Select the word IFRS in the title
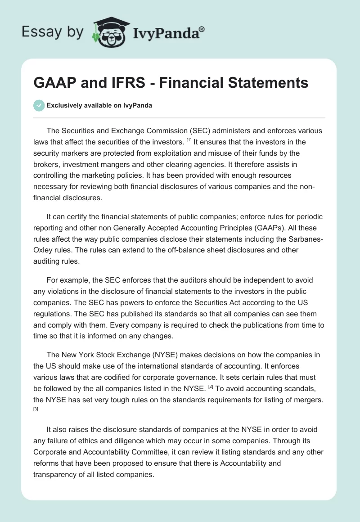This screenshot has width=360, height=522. pyautogui.click(x=119, y=83)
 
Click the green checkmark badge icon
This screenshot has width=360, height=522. pyautogui.click(x=39, y=105)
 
